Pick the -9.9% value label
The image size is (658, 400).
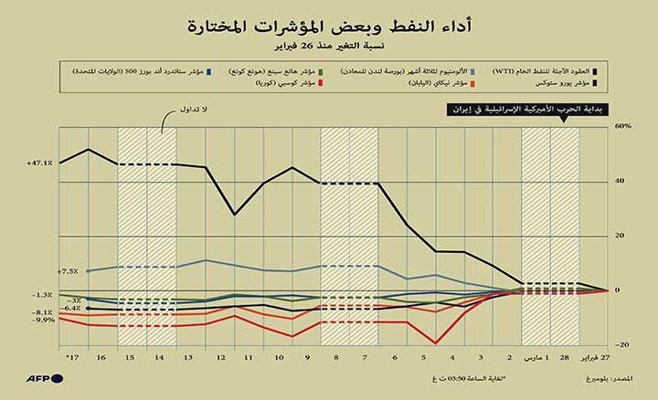click(43, 321)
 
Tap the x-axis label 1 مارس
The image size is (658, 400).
click(536, 353)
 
